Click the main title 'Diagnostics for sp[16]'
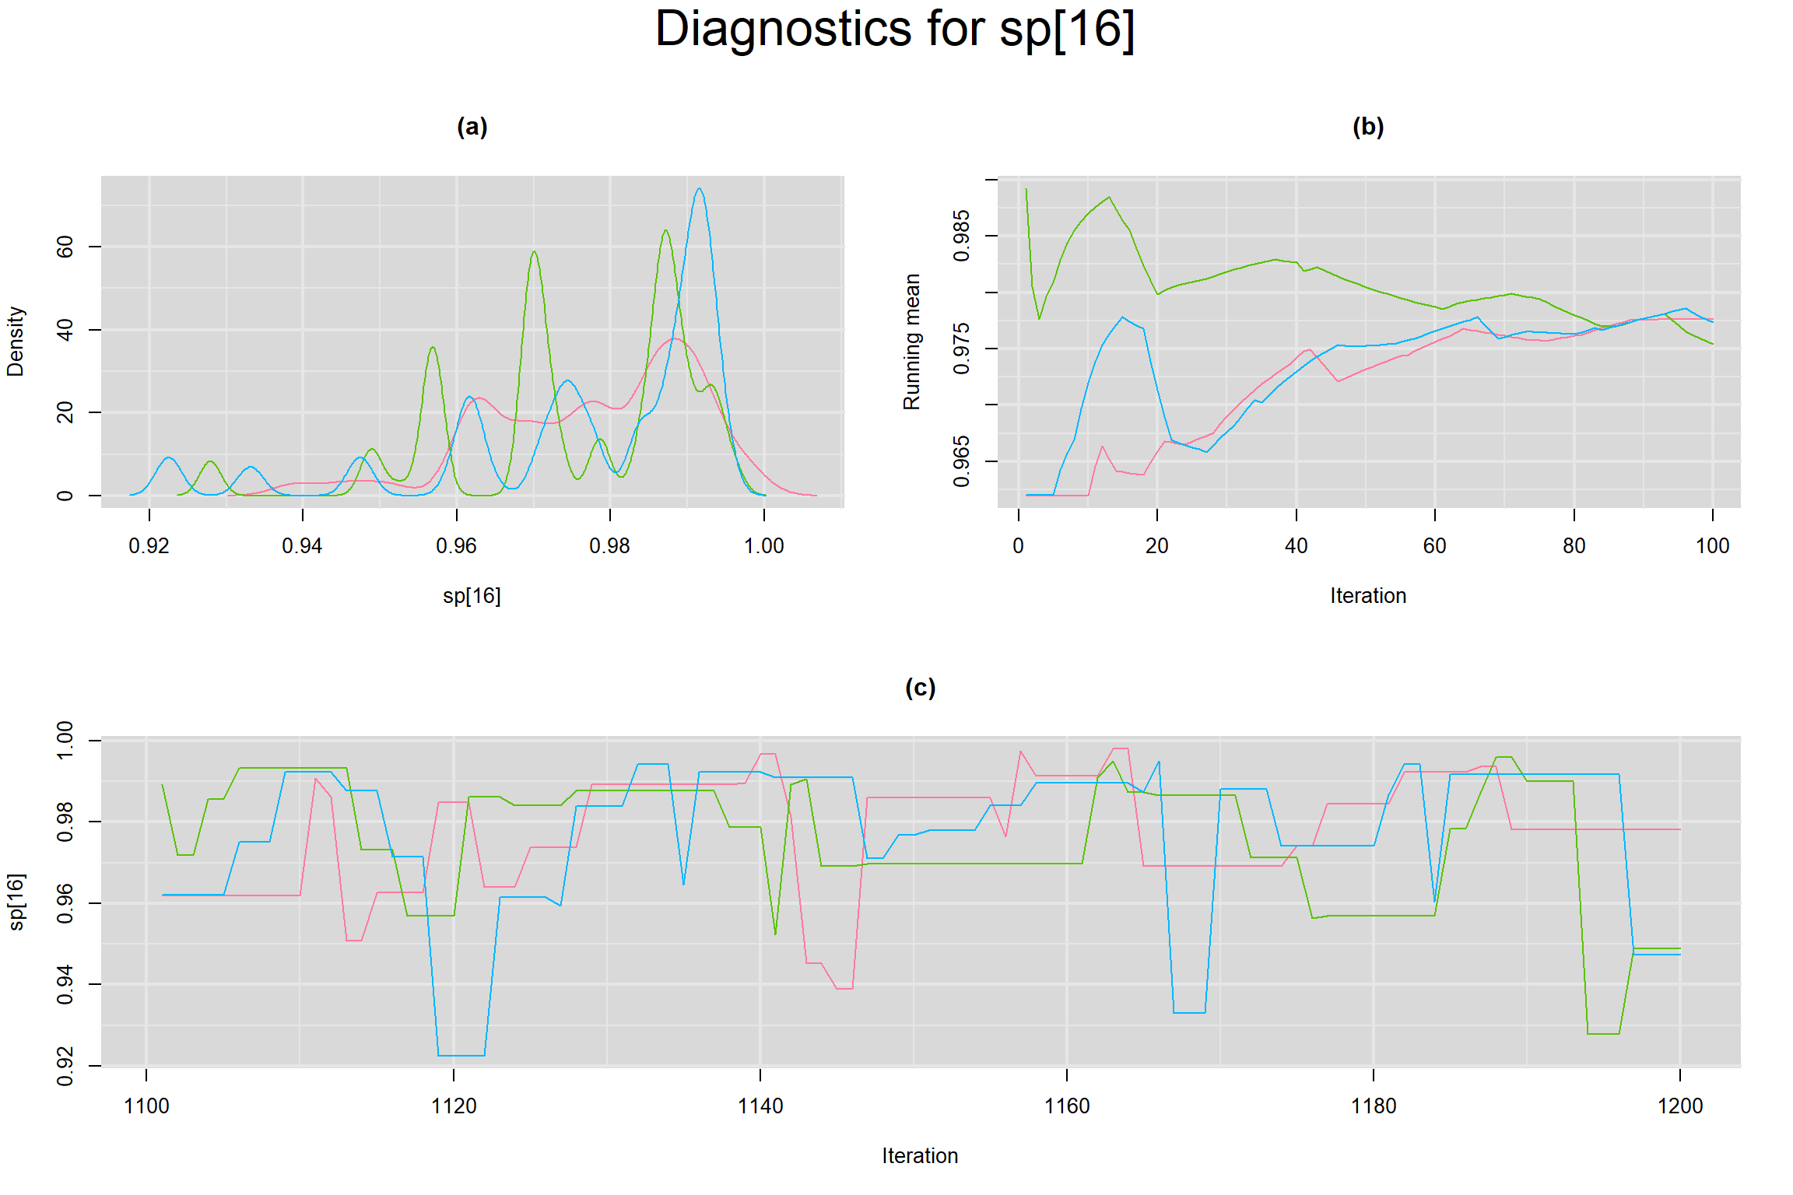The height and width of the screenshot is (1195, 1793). (x=895, y=30)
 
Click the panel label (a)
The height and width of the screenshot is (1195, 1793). (x=472, y=127)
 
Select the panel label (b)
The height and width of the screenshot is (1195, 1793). (x=1367, y=127)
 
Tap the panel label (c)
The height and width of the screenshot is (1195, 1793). (x=920, y=688)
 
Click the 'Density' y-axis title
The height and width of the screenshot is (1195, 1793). (x=16, y=342)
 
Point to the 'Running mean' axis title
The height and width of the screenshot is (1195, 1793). (x=911, y=342)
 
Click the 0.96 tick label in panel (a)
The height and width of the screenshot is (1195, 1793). (x=456, y=546)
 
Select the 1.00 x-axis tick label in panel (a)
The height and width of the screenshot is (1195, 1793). (x=763, y=546)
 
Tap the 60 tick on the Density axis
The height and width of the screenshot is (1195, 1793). (x=65, y=247)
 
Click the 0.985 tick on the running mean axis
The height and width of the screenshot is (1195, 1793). (x=962, y=236)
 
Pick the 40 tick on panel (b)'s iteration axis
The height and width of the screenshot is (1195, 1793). (x=1296, y=546)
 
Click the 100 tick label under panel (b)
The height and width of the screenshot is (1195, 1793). (x=1712, y=546)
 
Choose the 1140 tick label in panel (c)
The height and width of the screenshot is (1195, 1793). (x=760, y=1106)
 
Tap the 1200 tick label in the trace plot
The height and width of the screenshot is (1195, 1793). (x=1680, y=1106)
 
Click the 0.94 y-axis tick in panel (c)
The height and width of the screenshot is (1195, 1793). (x=65, y=984)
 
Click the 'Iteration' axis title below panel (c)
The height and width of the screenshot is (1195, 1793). (x=920, y=1156)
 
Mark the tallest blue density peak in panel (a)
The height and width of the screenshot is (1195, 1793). (x=700, y=189)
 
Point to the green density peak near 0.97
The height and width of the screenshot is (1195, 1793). (x=534, y=251)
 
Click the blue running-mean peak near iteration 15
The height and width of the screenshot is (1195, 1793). (x=1122, y=317)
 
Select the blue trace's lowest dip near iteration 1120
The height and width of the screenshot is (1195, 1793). (x=461, y=1055)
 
